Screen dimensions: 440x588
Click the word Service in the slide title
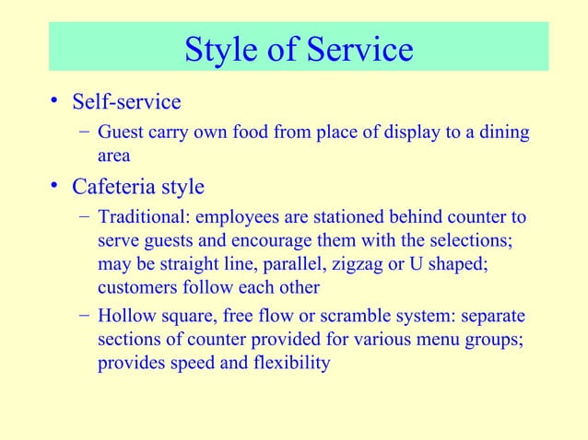tap(355, 50)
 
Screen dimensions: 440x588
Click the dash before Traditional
tap(84, 218)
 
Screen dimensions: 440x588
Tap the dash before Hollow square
tap(84, 316)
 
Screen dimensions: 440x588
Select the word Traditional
tap(139, 218)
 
